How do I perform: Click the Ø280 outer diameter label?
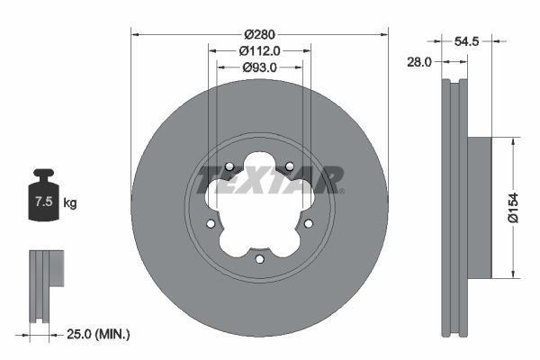click(259, 35)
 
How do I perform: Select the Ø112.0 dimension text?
click(259, 51)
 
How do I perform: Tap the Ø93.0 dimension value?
click(259, 67)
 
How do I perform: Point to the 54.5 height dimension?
click(465, 41)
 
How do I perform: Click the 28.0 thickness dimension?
click(420, 62)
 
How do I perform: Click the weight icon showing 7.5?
click(43, 199)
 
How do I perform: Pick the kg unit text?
click(70, 203)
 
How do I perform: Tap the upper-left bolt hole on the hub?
click(229, 166)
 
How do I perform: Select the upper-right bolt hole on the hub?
click(290, 166)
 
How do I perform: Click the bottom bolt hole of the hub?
click(259, 259)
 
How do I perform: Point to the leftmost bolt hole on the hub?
click(211, 224)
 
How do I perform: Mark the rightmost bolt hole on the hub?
click(308, 224)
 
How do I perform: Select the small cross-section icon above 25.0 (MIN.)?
click(46, 280)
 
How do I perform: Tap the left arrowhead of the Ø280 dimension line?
click(136, 35)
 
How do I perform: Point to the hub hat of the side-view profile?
click(478, 206)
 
